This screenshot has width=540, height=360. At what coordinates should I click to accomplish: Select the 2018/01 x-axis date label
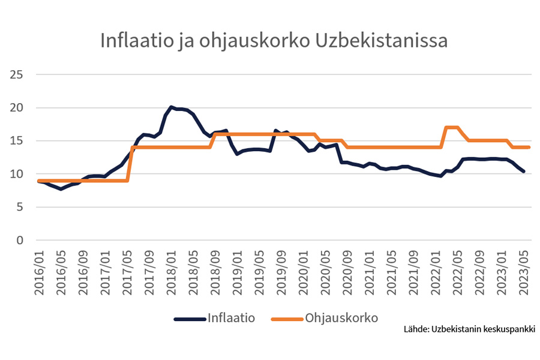171,271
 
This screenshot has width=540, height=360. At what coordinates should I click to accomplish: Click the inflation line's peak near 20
171,107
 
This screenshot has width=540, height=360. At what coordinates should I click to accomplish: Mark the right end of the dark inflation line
523,172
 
